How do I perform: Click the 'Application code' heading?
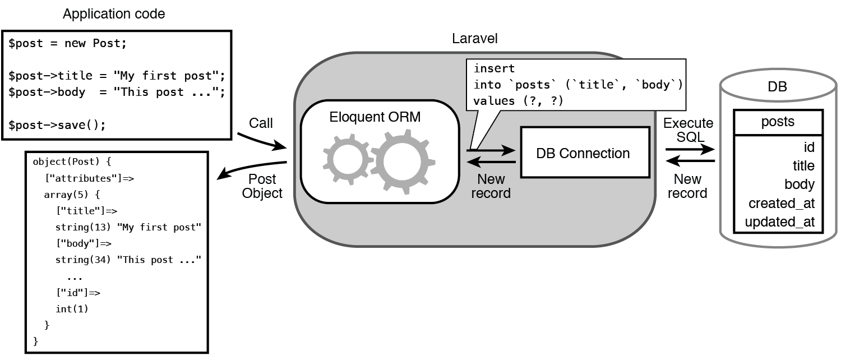point(114,14)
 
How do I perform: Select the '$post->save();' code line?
point(57,124)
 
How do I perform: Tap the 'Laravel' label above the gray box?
point(474,39)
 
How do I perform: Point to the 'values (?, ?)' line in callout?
point(518,101)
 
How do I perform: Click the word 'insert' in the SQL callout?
point(494,68)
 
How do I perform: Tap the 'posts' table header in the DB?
point(778,122)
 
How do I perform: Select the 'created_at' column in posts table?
point(781,203)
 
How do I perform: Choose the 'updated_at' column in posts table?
point(779,221)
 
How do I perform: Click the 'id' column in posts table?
point(808,147)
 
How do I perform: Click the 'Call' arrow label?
point(261,123)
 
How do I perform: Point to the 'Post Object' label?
point(262,186)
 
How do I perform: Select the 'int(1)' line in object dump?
point(72,308)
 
